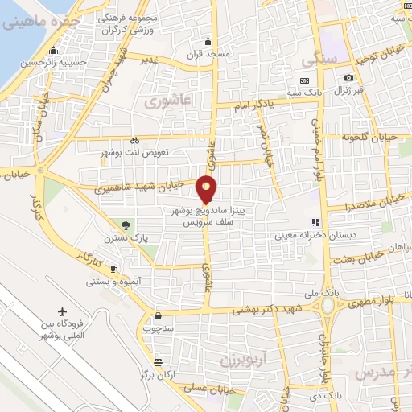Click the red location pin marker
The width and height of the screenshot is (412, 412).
[x=208, y=188]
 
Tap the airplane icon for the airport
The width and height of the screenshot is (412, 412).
[x=63, y=311]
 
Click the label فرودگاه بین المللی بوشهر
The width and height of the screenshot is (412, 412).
[x=62, y=331]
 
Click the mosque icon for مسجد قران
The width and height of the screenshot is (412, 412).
[x=208, y=42]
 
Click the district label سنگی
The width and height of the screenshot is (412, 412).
[x=310, y=60]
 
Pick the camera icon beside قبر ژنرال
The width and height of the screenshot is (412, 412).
[x=348, y=78]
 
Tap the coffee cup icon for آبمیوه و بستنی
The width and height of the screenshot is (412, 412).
[x=113, y=268]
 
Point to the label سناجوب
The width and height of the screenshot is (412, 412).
[x=157, y=328]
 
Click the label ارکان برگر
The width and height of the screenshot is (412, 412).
[x=159, y=375]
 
